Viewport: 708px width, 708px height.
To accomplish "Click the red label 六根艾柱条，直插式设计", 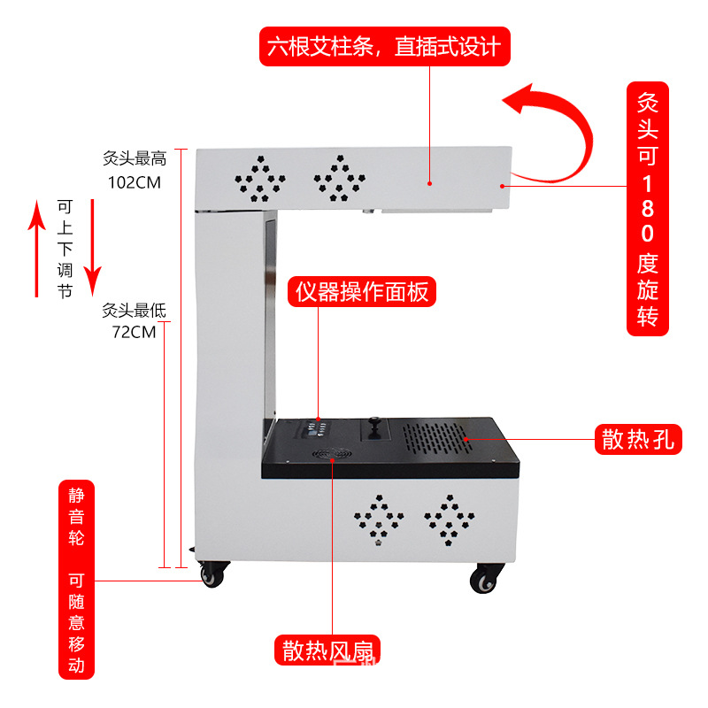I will [385, 45].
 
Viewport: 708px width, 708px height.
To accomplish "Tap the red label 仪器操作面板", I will [363, 291].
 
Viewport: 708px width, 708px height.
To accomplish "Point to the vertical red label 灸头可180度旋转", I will [648, 208].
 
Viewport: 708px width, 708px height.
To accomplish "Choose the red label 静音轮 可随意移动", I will [76, 580].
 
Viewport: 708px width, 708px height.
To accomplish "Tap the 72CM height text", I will [134, 333].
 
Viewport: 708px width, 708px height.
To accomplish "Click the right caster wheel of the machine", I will [483, 580].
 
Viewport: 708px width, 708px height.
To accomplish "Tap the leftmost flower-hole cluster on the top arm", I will [258, 180].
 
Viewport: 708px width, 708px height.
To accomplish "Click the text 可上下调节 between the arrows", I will [64, 248].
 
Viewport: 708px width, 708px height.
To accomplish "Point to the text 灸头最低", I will [134, 312].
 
